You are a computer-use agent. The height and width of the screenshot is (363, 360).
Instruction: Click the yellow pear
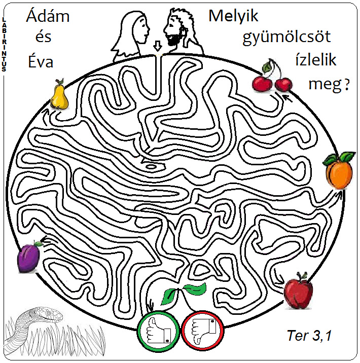59,96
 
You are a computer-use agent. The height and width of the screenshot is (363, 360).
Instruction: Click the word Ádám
48,17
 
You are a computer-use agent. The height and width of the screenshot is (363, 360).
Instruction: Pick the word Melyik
233,16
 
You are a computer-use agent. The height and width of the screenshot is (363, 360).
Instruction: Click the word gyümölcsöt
286,38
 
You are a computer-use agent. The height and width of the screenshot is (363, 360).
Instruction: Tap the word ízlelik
315,60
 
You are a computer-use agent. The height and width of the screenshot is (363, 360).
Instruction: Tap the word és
42,38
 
